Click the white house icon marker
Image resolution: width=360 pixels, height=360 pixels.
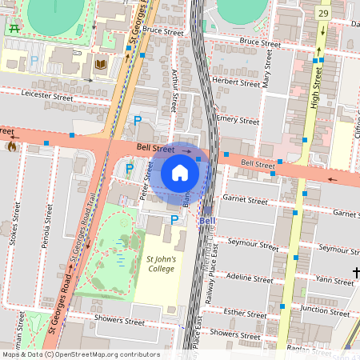180,173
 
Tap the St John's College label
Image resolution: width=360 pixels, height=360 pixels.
160,265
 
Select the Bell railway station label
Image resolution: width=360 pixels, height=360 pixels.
207,221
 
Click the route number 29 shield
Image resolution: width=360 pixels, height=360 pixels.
322,13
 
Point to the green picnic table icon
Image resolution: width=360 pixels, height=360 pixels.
14,29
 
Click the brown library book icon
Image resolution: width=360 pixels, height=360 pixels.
101,65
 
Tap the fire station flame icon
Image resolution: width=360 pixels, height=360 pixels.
11,146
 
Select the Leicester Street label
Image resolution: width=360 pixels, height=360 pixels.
47,96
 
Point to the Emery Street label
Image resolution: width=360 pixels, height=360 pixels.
237,120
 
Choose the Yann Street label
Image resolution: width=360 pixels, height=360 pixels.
334,281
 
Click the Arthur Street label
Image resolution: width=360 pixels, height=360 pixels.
174,88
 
